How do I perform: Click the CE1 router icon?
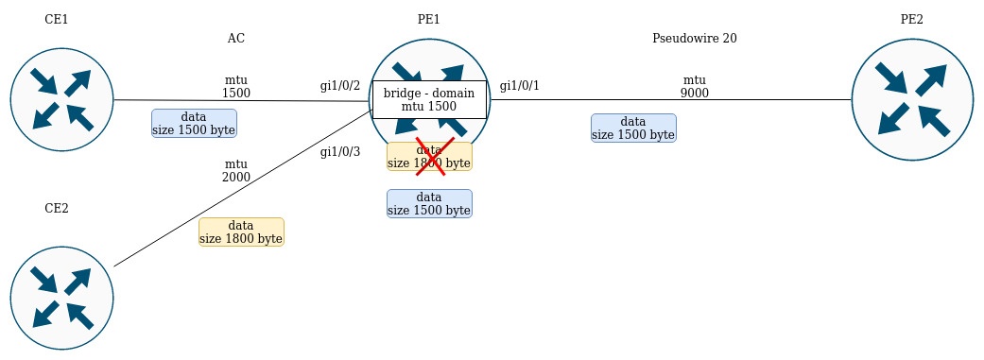tap(61, 100)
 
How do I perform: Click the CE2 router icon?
tap(61, 298)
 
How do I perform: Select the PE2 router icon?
tap(912, 100)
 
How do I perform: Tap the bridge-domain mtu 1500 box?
tap(429, 100)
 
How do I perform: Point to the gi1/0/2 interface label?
tap(340, 86)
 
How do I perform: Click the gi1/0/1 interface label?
tap(519, 86)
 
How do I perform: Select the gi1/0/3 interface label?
tap(340, 152)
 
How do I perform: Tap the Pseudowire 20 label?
tap(695, 38)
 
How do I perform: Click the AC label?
tap(236, 38)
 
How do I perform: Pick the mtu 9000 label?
tap(695, 87)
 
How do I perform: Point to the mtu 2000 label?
tap(236, 171)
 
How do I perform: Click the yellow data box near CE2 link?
tap(242, 232)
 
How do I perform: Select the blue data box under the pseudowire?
tap(634, 128)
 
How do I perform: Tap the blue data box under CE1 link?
tap(194, 124)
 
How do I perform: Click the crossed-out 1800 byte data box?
tap(429, 156)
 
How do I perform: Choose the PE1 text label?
tap(428, 20)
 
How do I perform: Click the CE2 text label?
tap(57, 208)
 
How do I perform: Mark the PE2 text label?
tap(912, 20)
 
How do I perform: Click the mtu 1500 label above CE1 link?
tap(236, 87)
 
